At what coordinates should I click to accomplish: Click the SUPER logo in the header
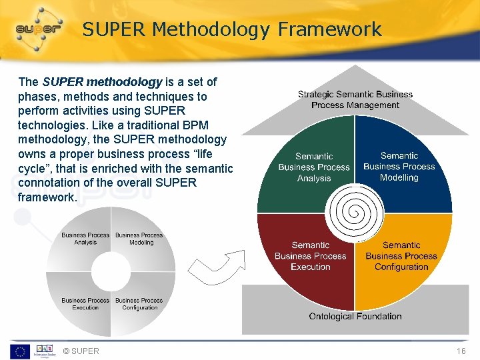(x=39, y=29)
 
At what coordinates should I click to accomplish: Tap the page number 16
(x=461, y=351)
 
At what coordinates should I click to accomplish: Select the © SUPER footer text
(x=80, y=351)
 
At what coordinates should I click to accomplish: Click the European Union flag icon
(x=19, y=351)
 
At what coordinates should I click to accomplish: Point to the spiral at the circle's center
(x=355, y=213)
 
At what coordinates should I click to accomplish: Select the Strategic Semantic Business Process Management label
(x=355, y=99)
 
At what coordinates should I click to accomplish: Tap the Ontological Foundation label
(x=355, y=316)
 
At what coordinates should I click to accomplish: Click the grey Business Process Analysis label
(x=85, y=239)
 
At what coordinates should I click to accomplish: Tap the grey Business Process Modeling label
(x=139, y=239)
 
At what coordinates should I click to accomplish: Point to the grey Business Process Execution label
(x=85, y=304)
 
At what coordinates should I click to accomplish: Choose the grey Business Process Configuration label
(x=139, y=304)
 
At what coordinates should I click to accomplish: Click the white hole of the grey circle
(x=111, y=271)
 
